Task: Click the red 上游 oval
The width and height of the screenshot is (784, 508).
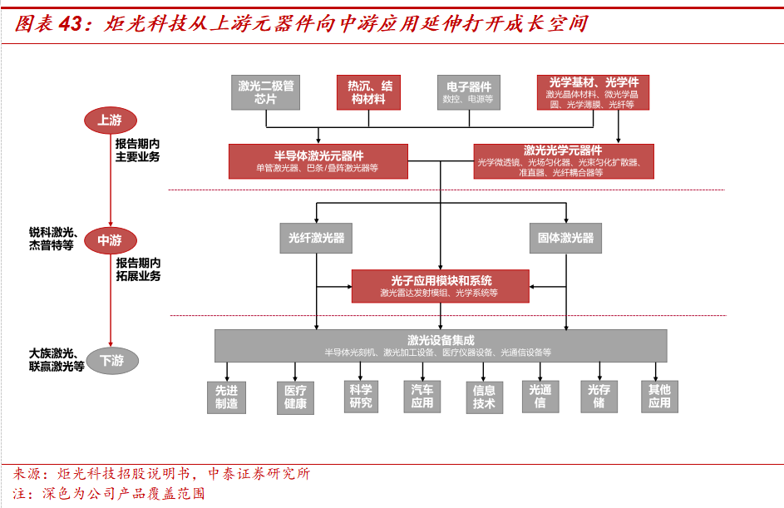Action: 110,121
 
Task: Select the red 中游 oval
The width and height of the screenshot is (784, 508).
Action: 110,240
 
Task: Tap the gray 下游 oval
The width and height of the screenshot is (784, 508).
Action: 111,361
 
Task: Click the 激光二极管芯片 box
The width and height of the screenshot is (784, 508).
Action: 265,92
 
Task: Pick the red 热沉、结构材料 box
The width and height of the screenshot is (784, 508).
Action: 368,92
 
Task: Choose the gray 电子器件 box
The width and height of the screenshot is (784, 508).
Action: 468,92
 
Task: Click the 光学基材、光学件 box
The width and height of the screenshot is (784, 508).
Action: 593,92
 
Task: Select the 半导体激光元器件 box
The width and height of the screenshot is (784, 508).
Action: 318,161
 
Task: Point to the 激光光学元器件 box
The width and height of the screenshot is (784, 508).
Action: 563,161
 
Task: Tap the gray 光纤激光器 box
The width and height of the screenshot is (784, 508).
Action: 316,238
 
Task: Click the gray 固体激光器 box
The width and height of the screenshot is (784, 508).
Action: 565,238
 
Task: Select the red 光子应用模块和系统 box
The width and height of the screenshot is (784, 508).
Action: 441,285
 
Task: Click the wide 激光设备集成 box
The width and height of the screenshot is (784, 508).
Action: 441,345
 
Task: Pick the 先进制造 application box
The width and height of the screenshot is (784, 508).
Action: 227,397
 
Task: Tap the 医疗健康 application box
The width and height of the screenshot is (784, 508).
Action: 295,397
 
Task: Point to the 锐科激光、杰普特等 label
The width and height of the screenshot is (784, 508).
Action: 52,239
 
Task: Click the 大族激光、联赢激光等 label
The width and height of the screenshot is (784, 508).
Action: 56,359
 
